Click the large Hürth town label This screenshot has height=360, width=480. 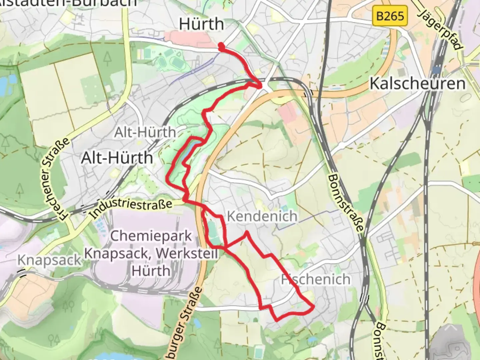pyautogui.click(x=201, y=24)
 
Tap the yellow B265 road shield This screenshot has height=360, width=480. pyautogui.click(x=390, y=16)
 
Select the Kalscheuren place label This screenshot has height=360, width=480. pyautogui.click(x=417, y=83)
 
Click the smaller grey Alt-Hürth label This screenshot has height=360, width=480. pyautogui.click(x=145, y=132)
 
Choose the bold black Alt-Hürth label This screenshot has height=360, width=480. pyautogui.click(x=117, y=158)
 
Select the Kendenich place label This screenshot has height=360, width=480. pyautogui.click(x=262, y=216)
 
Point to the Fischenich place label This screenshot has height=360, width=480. pyautogui.click(x=316, y=279)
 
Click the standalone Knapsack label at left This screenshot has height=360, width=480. pyautogui.click(x=49, y=260)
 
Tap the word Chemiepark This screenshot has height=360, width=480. pyautogui.click(x=151, y=236)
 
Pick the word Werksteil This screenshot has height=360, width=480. pyautogui.click(x=187, y=253)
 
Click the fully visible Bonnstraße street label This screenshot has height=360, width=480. pyautogui.click(x=345, y=203)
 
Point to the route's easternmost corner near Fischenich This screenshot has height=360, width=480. pyautogui.click(x=314, y=306)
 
